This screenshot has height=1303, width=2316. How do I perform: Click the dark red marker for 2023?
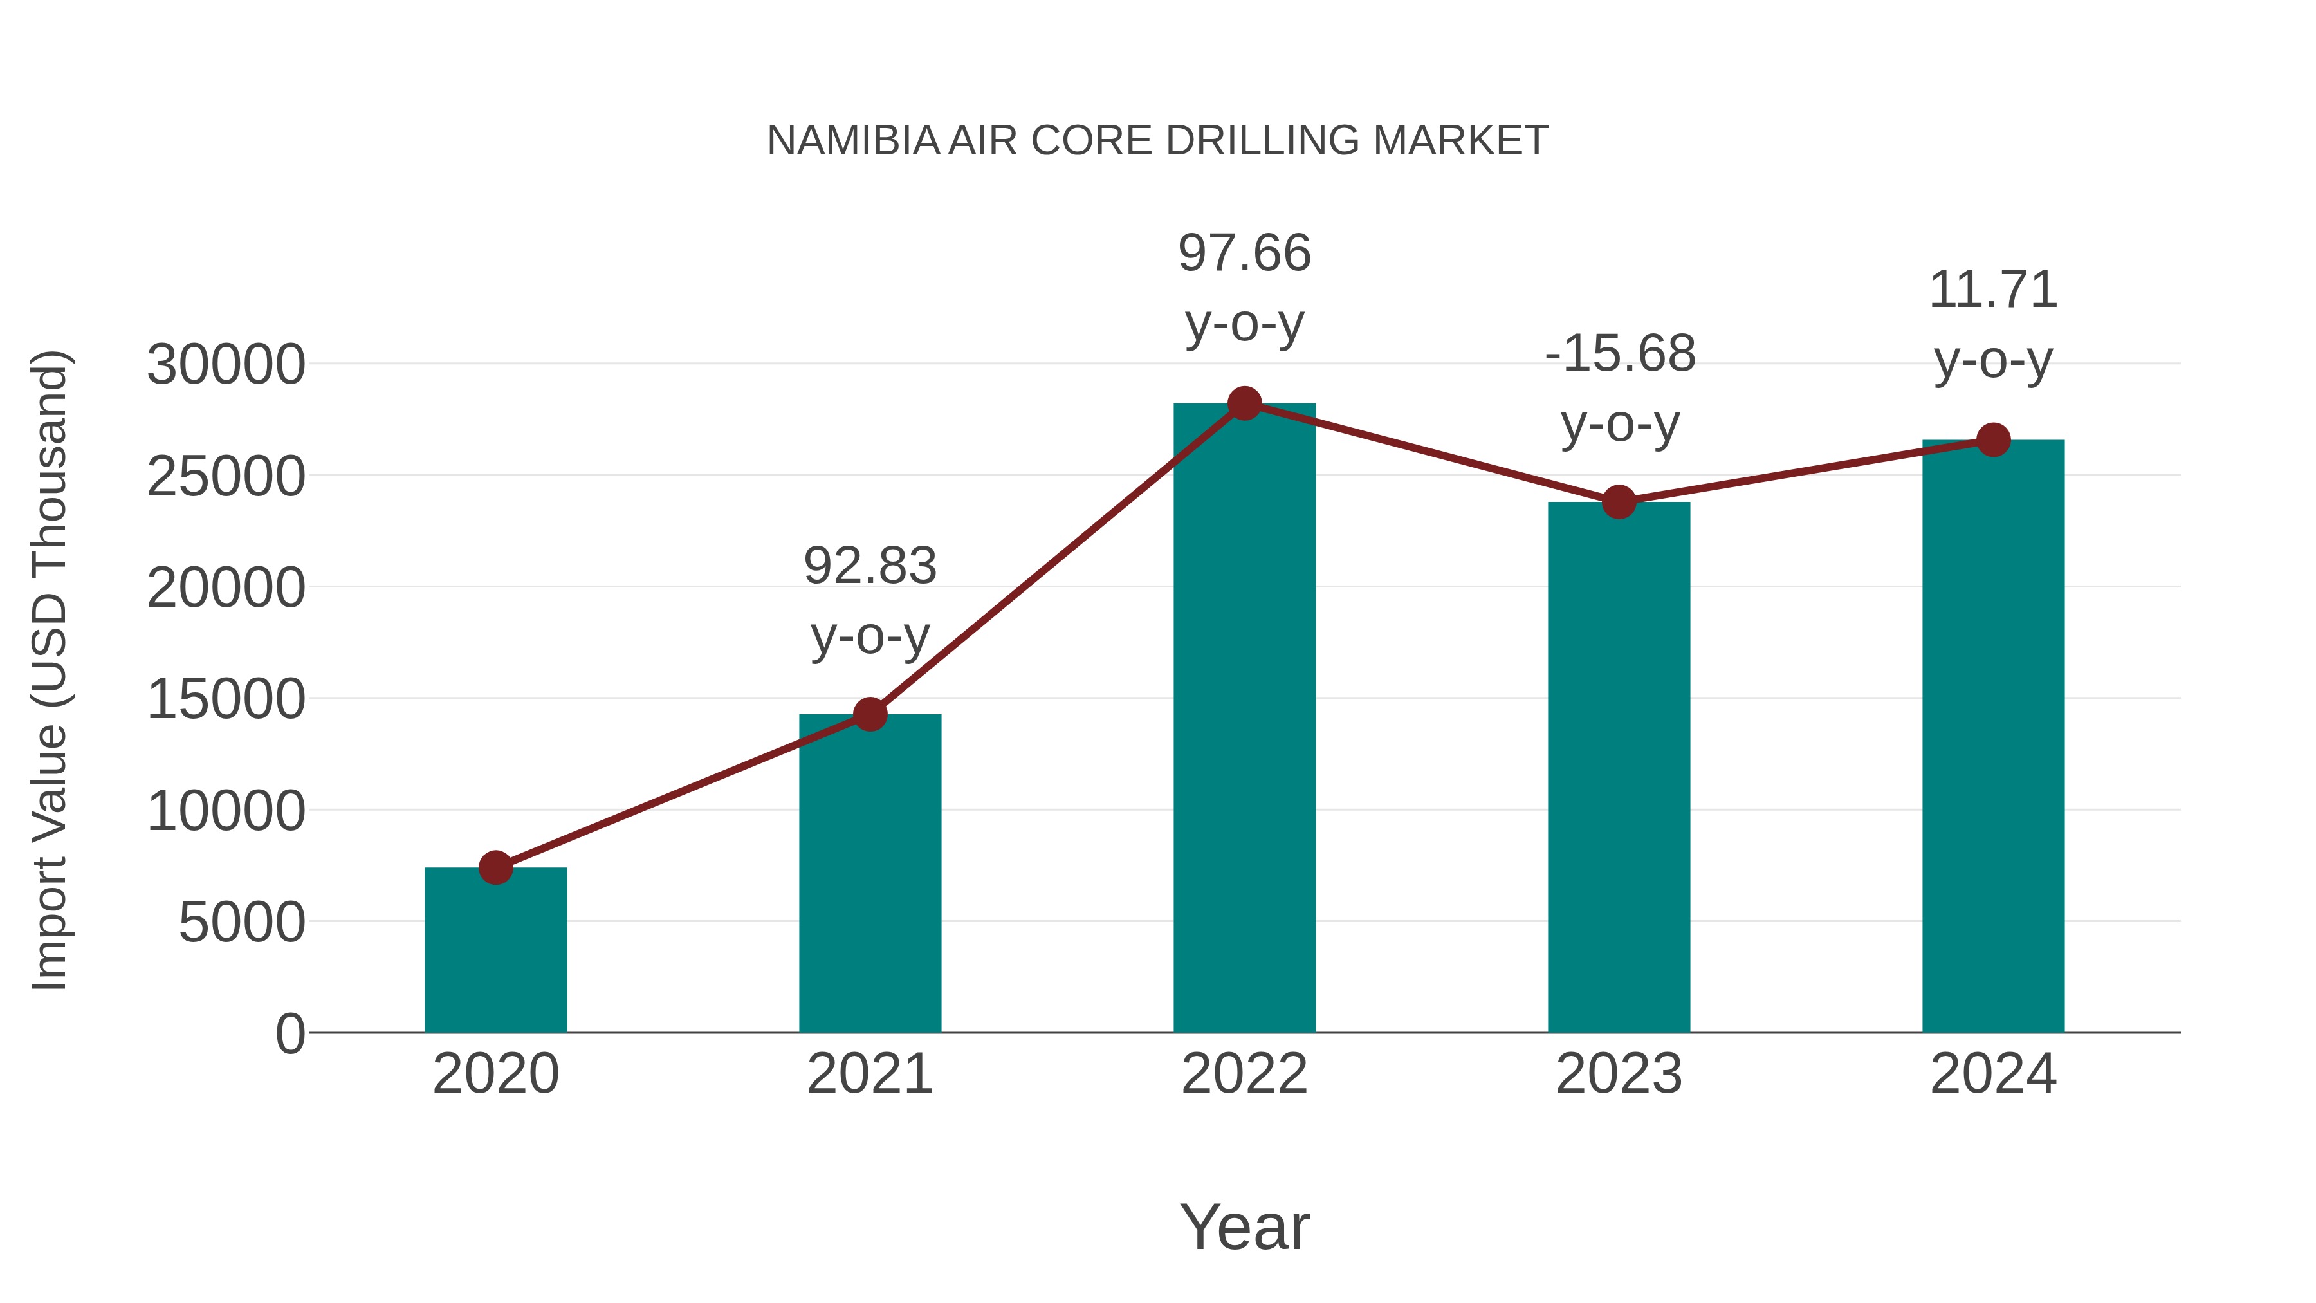(1619, 502)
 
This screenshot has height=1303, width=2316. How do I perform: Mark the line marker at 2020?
(495, 868)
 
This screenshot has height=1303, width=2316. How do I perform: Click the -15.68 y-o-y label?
(1619, 389)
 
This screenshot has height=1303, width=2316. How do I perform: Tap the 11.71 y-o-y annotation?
(1993, 325)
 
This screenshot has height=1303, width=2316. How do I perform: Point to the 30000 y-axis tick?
(226, 365)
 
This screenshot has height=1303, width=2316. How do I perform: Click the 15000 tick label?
(226, 699)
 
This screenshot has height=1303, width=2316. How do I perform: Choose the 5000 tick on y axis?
(242, 923)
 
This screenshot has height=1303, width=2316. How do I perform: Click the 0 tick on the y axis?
(290, 1034)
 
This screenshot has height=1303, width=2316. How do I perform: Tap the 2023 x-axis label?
(1619, 1074)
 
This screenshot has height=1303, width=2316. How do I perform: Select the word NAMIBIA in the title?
(852, 141)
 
